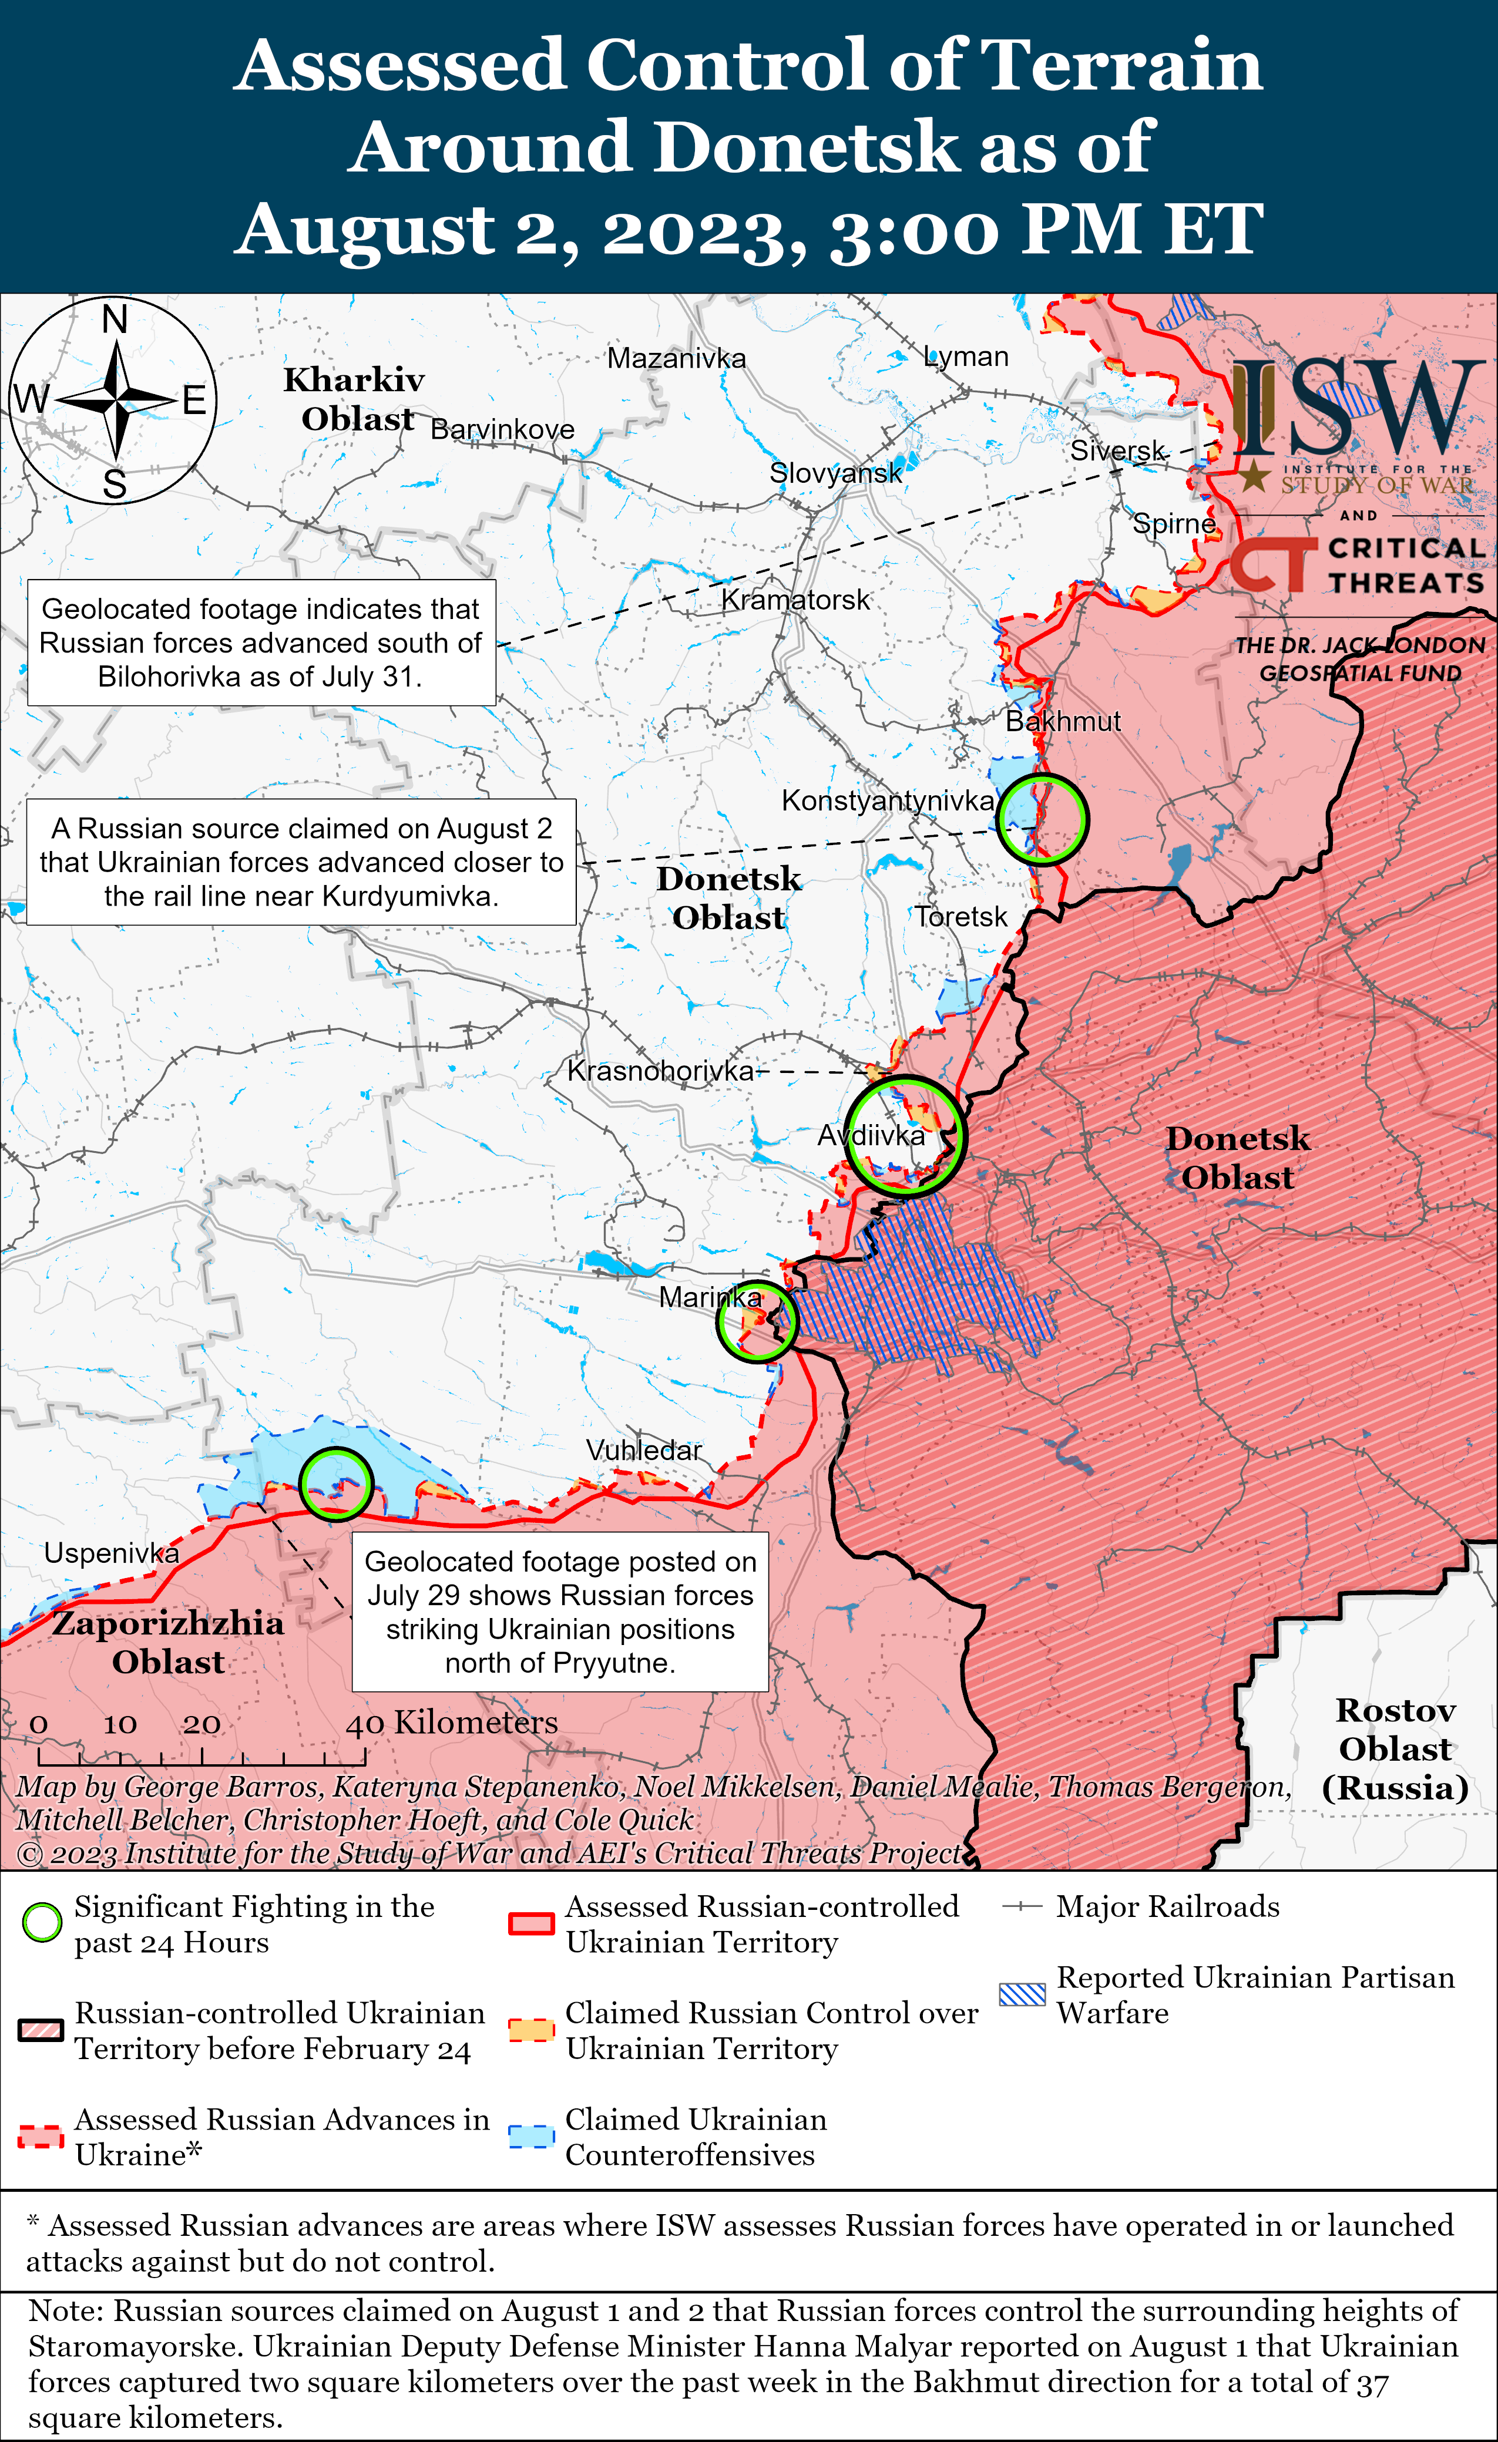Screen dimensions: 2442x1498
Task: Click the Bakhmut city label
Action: [x=1063, y=721]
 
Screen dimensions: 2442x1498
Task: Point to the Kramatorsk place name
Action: [x=795, y=600]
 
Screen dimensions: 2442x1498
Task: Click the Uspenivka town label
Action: [x=111, y=1553]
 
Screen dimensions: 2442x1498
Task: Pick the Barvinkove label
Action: [x=503, y=429]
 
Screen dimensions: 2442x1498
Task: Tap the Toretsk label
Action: [x=960, y=917]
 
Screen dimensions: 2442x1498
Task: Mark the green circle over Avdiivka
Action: [x=904, y=1135]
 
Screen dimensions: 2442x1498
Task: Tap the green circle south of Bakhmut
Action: [x=1042, y=819]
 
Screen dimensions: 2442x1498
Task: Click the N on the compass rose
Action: [x=115, y=319]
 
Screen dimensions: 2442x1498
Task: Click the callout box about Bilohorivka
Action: [x=262, y=643]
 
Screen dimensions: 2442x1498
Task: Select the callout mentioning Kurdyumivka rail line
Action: [x=301, y=862]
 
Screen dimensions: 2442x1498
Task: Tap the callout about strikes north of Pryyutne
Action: [x=560, y=1612]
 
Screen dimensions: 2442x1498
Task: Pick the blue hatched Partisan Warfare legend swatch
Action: [x=1022, y=1994]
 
